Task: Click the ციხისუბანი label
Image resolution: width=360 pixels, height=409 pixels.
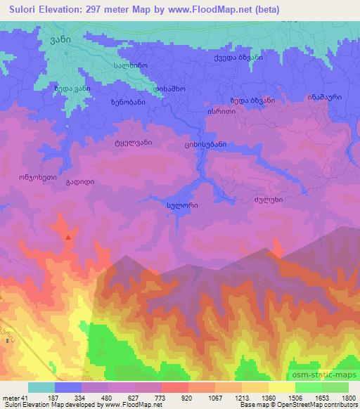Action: tap(205, 145)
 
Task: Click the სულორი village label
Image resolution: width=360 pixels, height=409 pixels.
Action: tap(182, 205)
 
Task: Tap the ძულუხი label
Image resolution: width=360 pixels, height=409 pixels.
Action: tap(268, 199)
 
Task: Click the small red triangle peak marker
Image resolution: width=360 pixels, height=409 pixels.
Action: tap(68, 238)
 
